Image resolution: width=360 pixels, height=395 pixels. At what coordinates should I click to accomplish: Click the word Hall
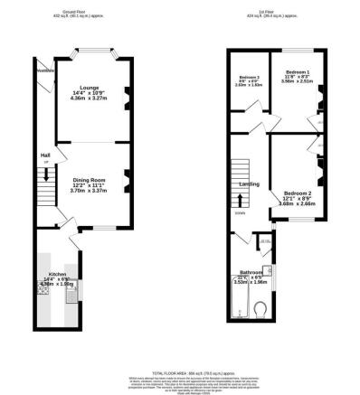(44, 155)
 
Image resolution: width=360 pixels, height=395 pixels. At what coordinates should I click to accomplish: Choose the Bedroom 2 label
(297, 193)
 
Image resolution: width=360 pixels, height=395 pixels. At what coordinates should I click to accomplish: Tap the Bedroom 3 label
(249, 78)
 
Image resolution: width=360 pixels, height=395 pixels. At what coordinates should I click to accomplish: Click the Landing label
(251, 184)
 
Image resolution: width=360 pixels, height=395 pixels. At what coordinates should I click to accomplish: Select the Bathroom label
(251, 272)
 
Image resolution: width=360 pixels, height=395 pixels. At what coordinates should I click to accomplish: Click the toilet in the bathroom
(260, 312)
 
